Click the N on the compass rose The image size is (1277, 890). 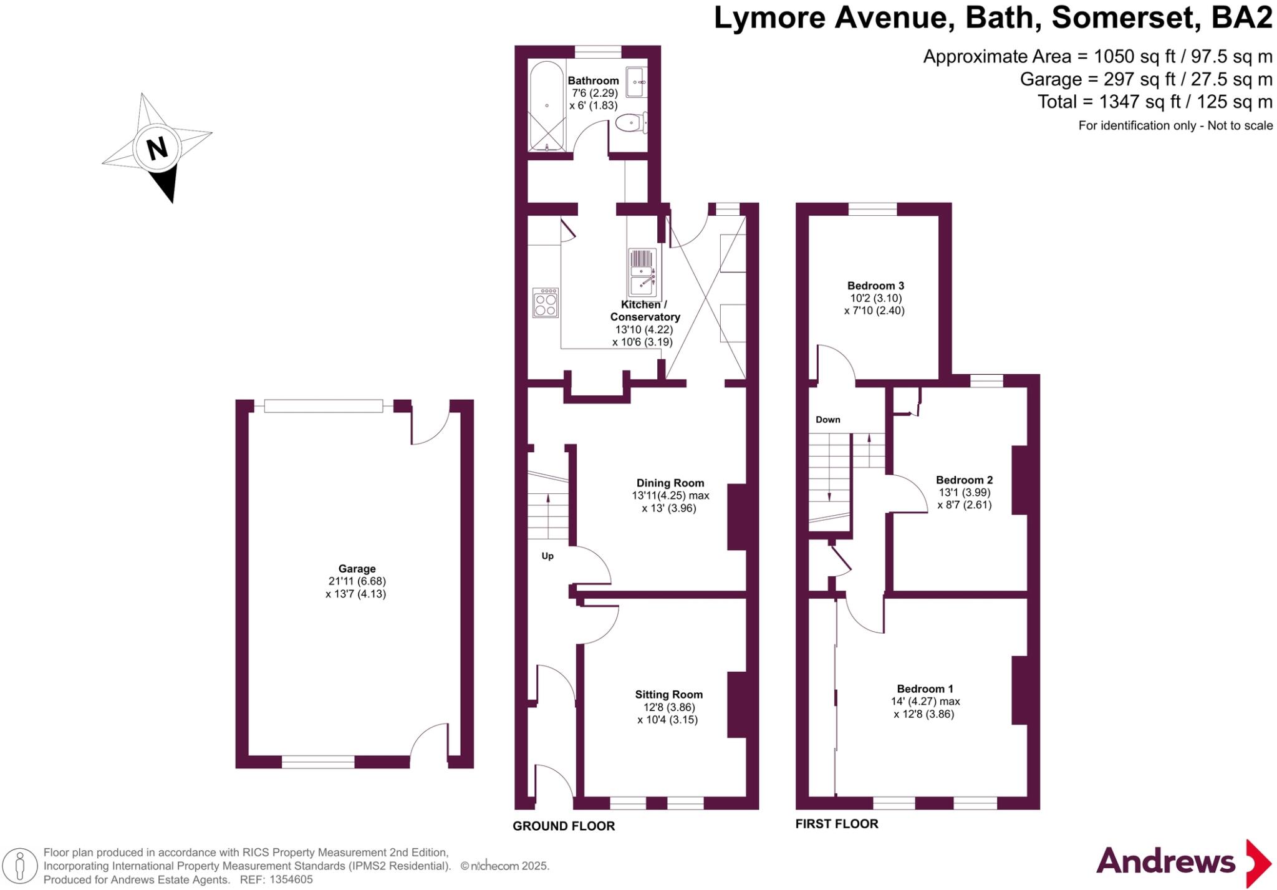pyautogui.click(x=157, y=148)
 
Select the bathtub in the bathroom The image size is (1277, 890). pyautogui.click(x=547, y=106)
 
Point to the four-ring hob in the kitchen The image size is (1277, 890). pyautogui.click(x=545, y=302)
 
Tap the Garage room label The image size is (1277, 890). pyautogui.click(x=357, y=569)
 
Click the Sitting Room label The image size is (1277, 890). pyautogui.click(x=668, y=694)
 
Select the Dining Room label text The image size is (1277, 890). pyautogui.click(x=670, y=483)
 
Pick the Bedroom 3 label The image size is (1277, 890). pyautogui.click(x=875, y=286)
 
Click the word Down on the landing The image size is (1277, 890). pyautogui.click(x=827, y=420)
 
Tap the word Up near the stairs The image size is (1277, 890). pyautogui.click(x=547, y=556)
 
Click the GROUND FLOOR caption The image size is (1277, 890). pyautogui.click(x=563, y=826)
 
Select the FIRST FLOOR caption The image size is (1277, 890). pyautogui.click(x=836, y=824)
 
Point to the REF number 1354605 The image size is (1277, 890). pyautogui.click(x=291, y=879)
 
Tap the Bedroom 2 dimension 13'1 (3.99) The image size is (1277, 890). pyautogui.click(x=964, y=492)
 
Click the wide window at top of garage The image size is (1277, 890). pyautogui.click(x=323, y=406)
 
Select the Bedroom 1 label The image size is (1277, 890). pyautogui.click(x=925, y=689)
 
